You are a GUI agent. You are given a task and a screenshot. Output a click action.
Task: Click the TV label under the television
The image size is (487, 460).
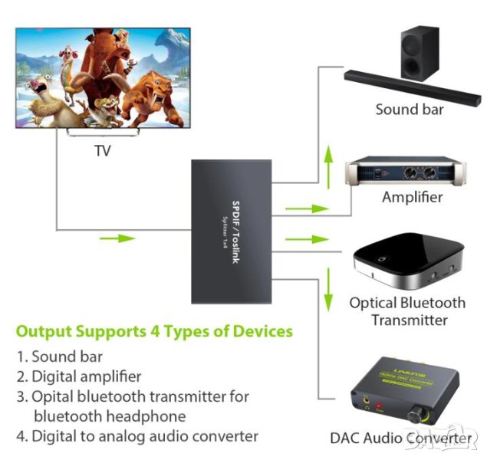pyautogui.click(x=102, y=150)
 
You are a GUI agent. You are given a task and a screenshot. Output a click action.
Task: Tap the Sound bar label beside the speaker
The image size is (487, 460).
pyautogui.click(x=410, y=109)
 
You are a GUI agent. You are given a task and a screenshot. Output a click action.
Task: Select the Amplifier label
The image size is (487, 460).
pyautogui.click(x=412, y=197)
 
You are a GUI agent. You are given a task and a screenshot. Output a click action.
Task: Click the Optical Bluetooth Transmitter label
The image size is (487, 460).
pyautogui.click(x=407, y=310)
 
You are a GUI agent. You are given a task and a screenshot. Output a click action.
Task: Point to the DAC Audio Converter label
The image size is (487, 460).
pyautogui.click(x=400, y=438)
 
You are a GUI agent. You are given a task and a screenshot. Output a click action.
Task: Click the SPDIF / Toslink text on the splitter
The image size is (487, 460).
pyautogui.click(x=237, y=230)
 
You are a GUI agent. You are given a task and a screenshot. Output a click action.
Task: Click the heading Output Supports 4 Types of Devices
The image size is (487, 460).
pyautogui.click(x=154, y=332)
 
